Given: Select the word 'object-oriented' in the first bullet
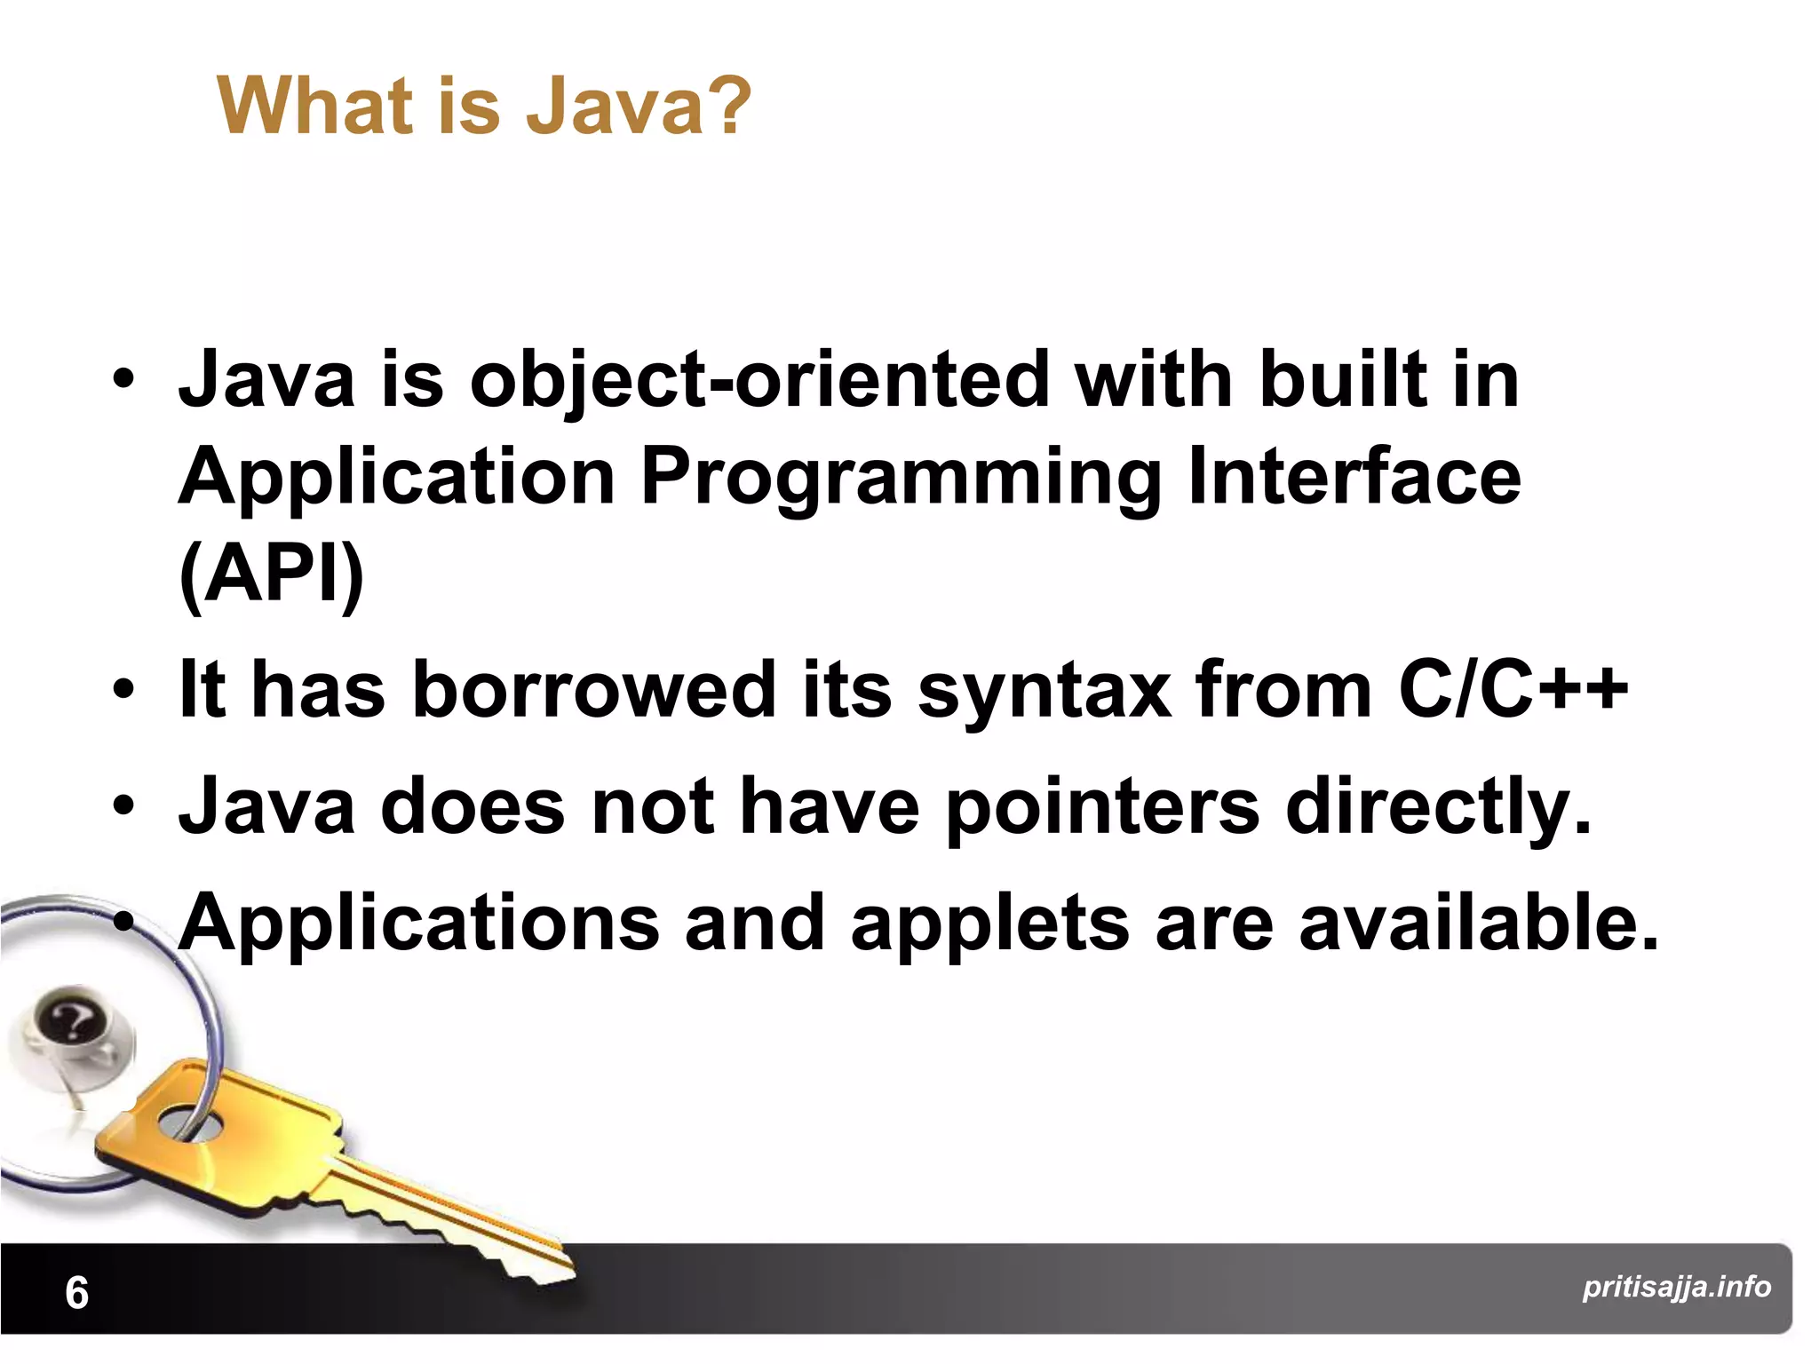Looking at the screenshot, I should pos(759,380).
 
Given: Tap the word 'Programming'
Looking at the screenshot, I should pos(900,479).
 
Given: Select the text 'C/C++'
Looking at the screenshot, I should pos(1513,690).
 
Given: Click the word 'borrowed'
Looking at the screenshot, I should pos(594,690).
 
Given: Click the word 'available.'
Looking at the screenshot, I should pos(1479,924).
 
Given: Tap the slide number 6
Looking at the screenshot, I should pos(77,1293).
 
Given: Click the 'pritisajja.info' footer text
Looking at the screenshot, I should pos(1676,1287).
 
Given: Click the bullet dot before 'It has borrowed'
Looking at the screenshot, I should pos(123,690).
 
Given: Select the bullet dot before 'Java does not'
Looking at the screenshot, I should pos(123,806).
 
